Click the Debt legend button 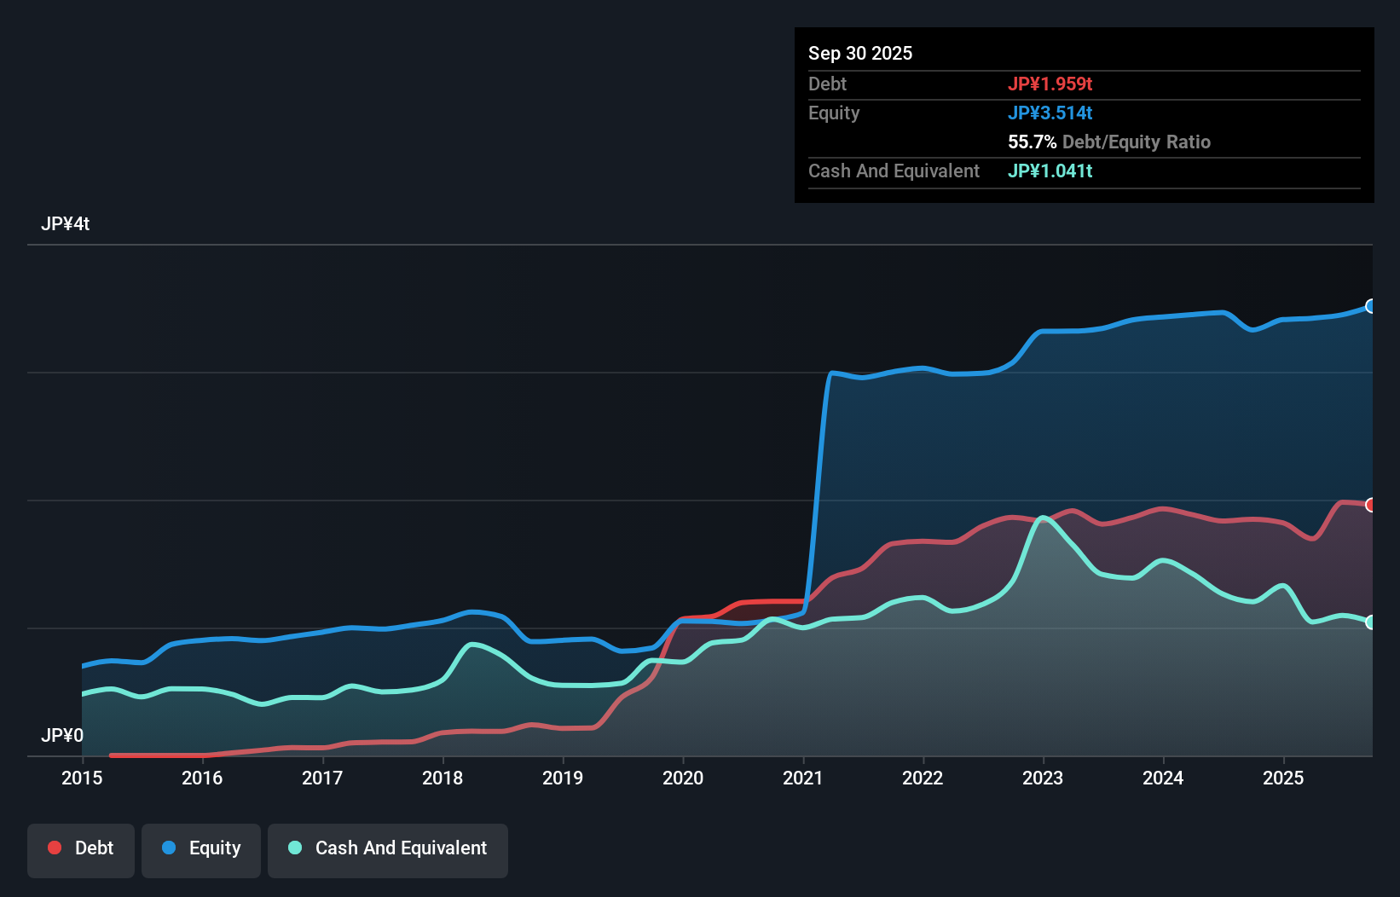coord(80,849)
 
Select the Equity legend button coord(201,849)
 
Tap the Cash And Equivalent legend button coord(388,849)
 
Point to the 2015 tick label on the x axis coord(82,778)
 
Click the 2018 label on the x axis coord(443,778)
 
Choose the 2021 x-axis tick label coord(803,778)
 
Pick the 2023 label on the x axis coord(1043,778)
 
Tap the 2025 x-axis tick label coord(1283,778)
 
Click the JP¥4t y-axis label coord(65,224)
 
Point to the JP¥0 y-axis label coord(62,735)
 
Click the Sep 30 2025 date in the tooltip coord(859,53)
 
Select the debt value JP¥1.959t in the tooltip coord(1050,84)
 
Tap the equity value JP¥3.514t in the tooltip coord(1050,113)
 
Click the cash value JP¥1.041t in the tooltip coord(1050,171)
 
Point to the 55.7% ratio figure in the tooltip coord(1032,142)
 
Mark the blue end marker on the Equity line coord(1371,306)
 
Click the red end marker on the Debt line coord(1371,505)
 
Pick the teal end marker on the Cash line coord(1371,622)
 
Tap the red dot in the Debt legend coord(55,848)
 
